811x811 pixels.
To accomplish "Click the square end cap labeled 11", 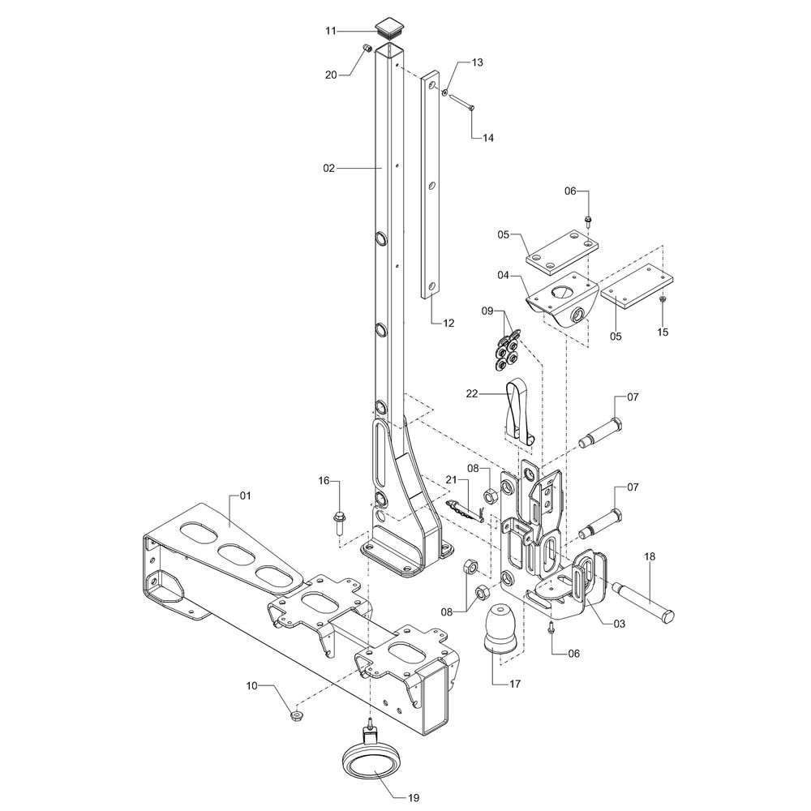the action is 389,28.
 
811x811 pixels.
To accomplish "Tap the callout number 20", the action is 331,75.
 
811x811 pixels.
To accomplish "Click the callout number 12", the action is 448,324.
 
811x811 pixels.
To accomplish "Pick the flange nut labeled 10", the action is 297,716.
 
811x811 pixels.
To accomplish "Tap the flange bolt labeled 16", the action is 340,522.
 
